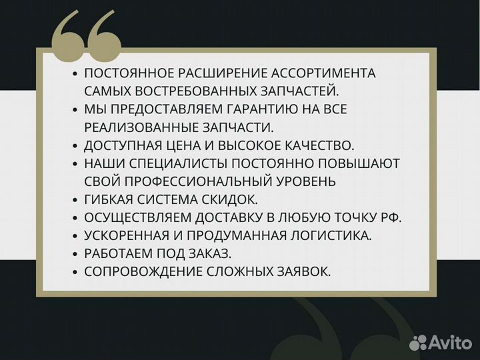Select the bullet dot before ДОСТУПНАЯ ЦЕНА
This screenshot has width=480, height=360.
75,145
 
